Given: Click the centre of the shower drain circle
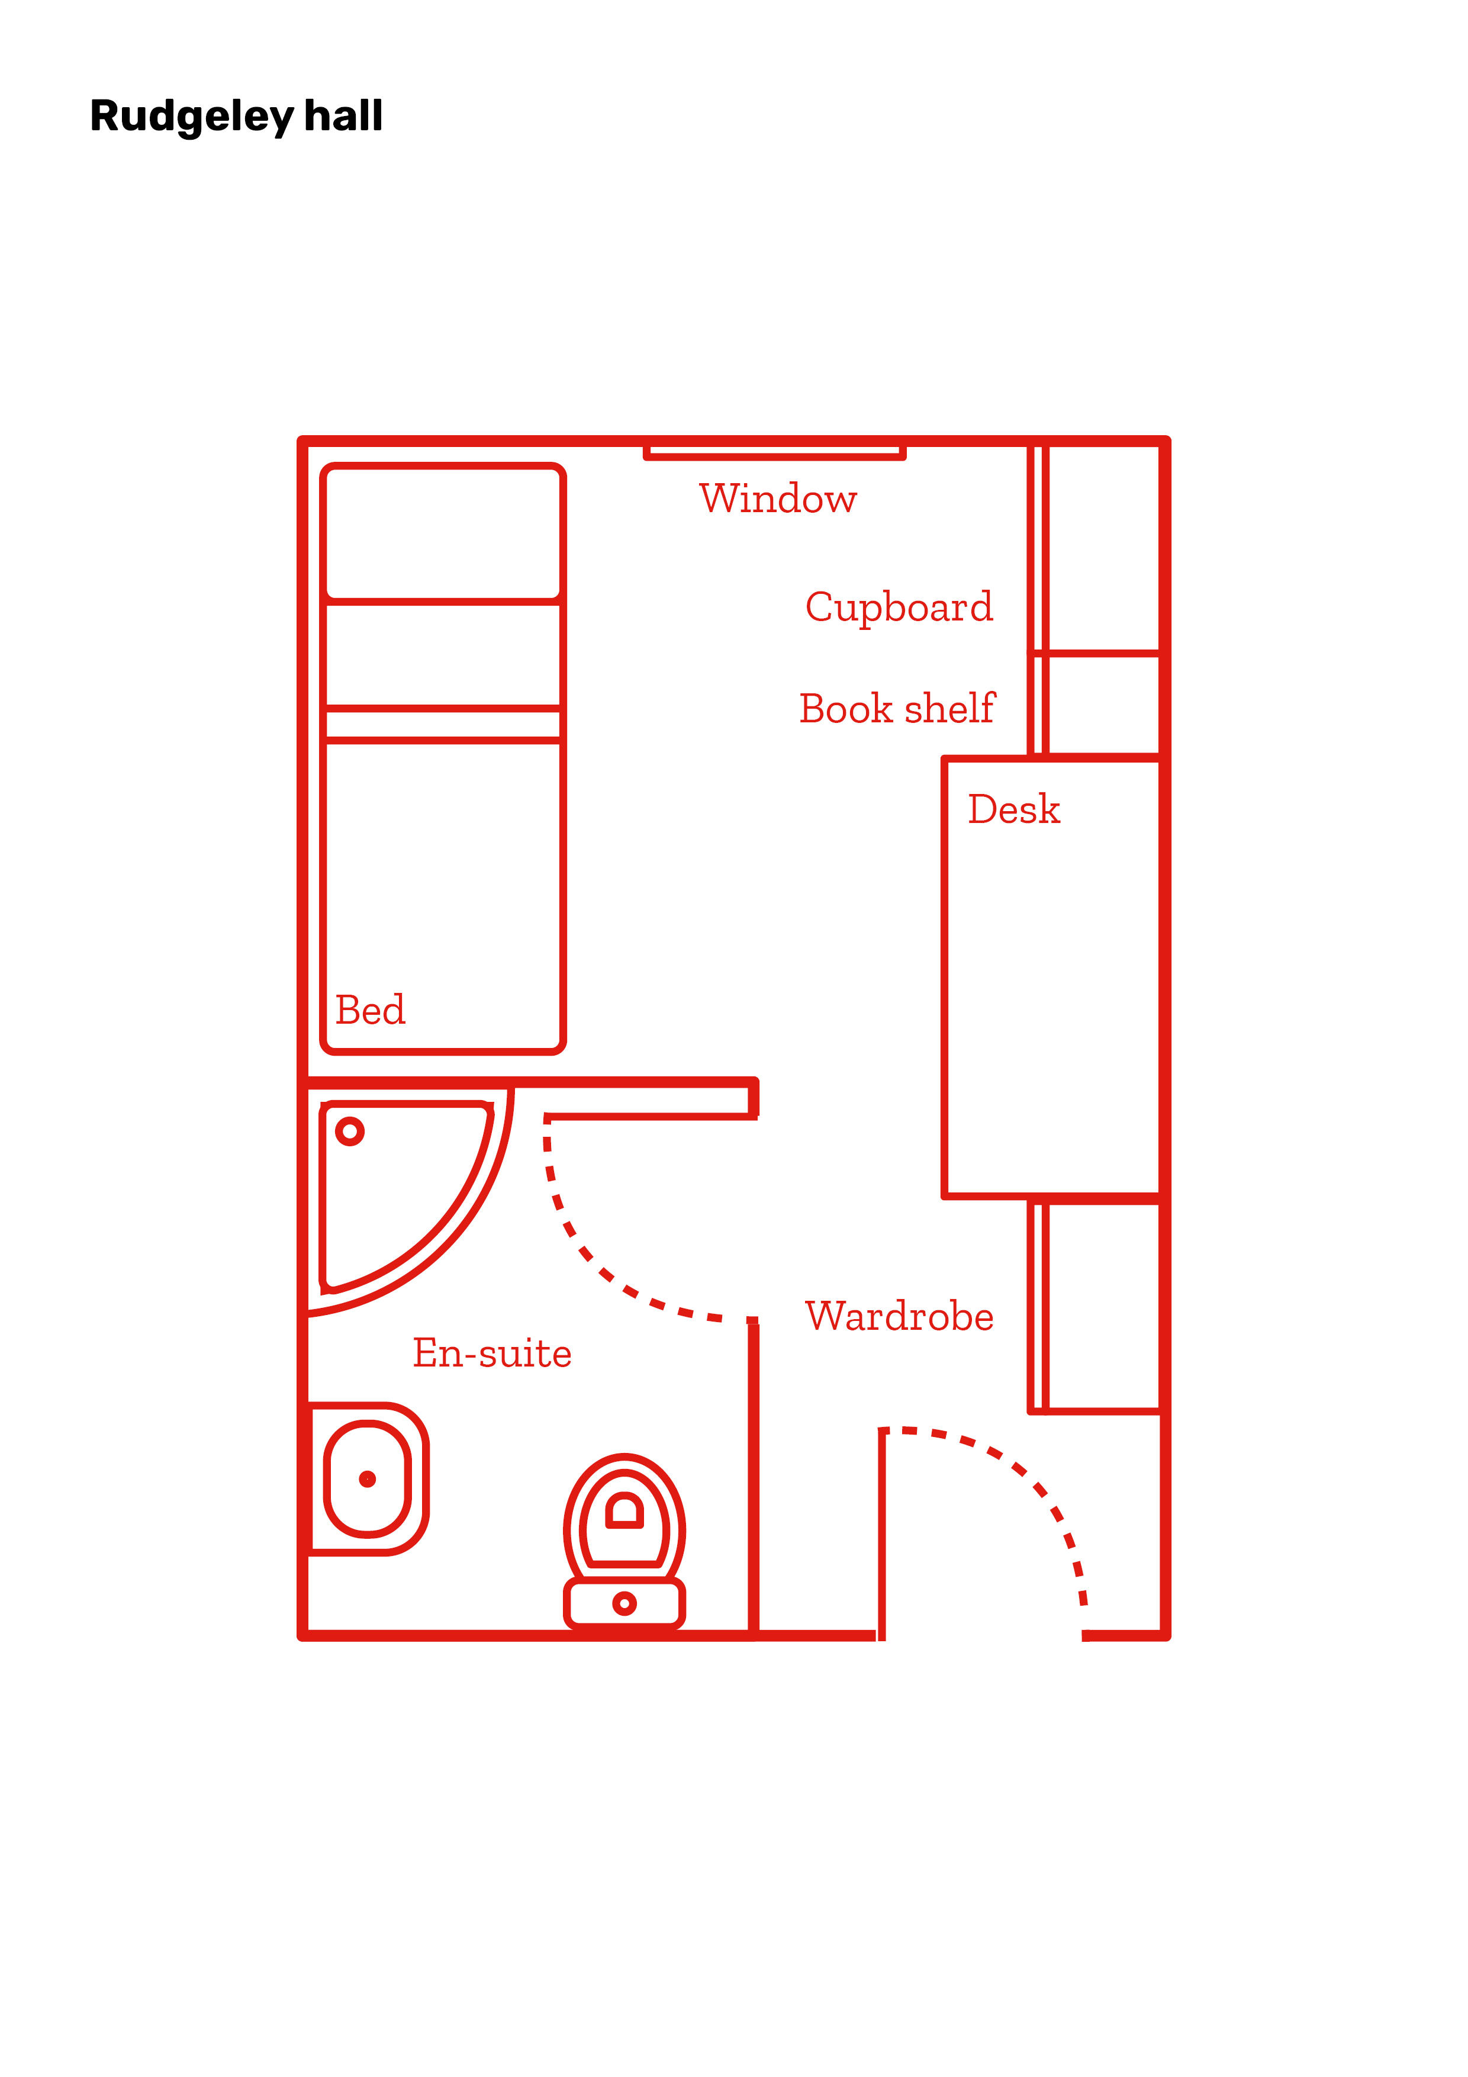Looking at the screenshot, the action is (x=349, y=1131).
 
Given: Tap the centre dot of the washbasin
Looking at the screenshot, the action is (x=367, y=1479).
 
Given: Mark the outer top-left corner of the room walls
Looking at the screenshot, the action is (x=301, y=440).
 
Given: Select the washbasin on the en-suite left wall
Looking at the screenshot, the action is (x=367, y=1479).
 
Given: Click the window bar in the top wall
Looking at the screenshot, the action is (x=774, y=451).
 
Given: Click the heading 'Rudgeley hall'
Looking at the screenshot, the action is (x=236, y=117).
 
